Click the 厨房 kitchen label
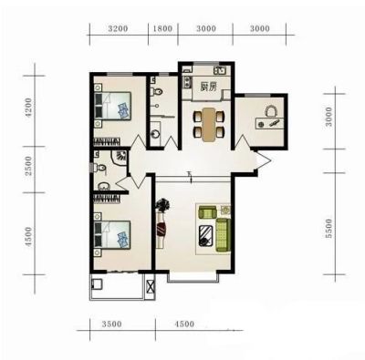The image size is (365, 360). click(x=208, y=87)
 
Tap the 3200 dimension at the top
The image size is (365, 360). click(x=118, y=29)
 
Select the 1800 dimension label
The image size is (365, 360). click(x=162, y=29)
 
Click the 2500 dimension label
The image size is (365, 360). click(x=28, y=166)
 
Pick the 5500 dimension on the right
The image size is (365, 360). click(x=328, y=229)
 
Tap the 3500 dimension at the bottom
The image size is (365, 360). click(x=111, y=324)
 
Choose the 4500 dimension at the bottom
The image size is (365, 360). click(x=184, y=324)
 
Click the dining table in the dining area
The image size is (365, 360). click(x=209, y=124)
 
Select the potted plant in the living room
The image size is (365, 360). click(x=162, y=206)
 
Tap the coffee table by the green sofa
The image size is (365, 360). click(x=206, y=235)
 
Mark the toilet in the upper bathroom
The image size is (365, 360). click(x=157, y=91)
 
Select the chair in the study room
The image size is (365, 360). click(x=271, y=111)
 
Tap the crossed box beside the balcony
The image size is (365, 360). click(x=150, y=286)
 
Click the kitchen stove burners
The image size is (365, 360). click(x=186, y=82)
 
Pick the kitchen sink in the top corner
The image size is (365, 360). click(x=219, y=71)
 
